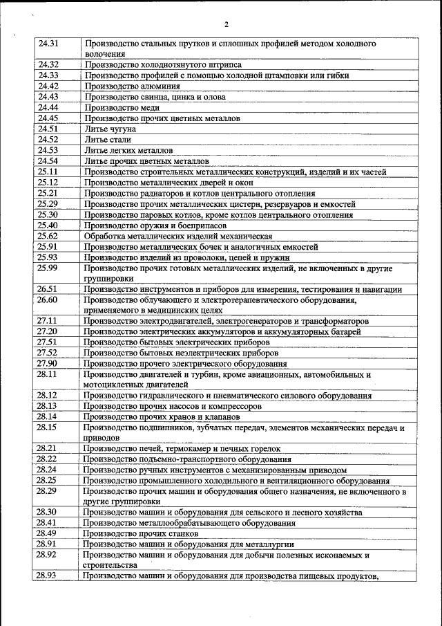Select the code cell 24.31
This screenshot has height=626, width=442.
(x=48, y=43)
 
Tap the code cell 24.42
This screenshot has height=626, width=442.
(x=48, y=86)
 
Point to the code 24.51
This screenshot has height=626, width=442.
(x=48, y=129)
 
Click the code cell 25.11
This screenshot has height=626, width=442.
(x=48, y=172)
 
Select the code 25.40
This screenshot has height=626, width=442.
(x=48, y=225)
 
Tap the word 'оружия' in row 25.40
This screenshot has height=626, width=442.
(x=160, y=225)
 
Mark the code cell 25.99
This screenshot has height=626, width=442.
(x=48, y=268)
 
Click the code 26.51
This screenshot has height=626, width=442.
(x=48, y=289)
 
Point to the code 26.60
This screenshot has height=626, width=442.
(x=48, y=300)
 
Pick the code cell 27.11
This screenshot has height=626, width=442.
(x=48, y=321)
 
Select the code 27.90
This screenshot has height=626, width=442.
(x=48, y=364)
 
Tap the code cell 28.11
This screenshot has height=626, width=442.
(x=48, y=374)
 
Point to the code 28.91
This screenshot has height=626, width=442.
(x=48, y=544)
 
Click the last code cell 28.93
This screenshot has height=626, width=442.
(x=48, y=576)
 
